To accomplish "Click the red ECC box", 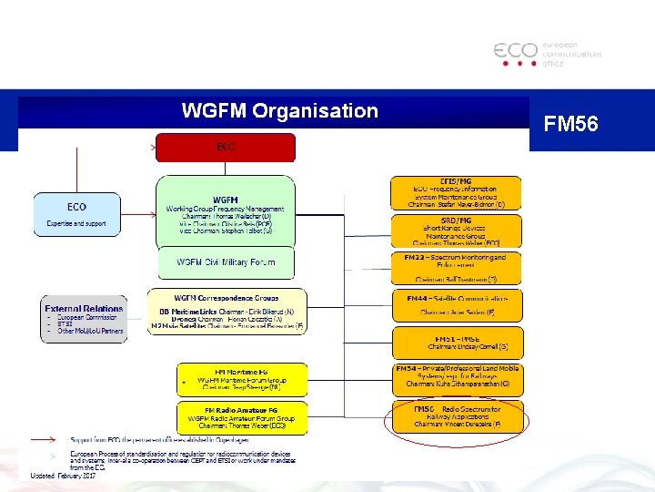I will pos(225,148).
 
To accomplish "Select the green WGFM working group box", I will pos(225,210).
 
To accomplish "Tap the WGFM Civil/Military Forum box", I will pos(225,262).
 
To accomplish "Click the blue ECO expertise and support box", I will pos(76,213).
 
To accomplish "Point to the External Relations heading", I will pos(83,309).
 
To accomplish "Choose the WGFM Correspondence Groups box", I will pos(227,311).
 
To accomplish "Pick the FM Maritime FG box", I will pos(242,378).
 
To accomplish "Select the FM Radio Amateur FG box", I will pos(242,418).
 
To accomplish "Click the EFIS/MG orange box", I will pos(456,193).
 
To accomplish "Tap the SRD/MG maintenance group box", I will pos(456,231).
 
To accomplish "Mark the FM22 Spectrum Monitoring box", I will pos(456,267).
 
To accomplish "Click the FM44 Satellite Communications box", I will pos(456,305).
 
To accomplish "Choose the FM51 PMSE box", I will pos(456,343).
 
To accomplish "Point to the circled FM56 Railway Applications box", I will pos(456,416).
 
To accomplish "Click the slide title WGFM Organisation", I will pos(279,111).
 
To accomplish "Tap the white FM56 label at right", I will pos(570,123).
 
